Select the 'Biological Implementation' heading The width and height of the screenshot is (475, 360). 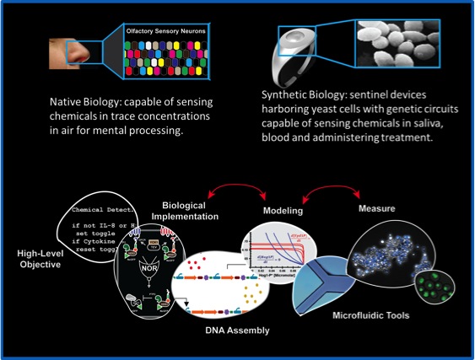pos(186,209)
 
